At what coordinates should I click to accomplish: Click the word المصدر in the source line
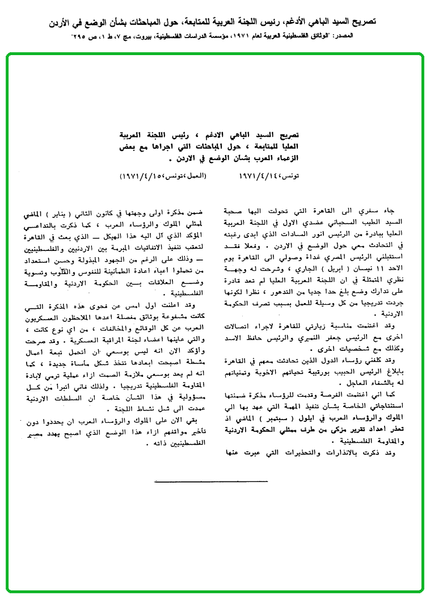411,36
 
